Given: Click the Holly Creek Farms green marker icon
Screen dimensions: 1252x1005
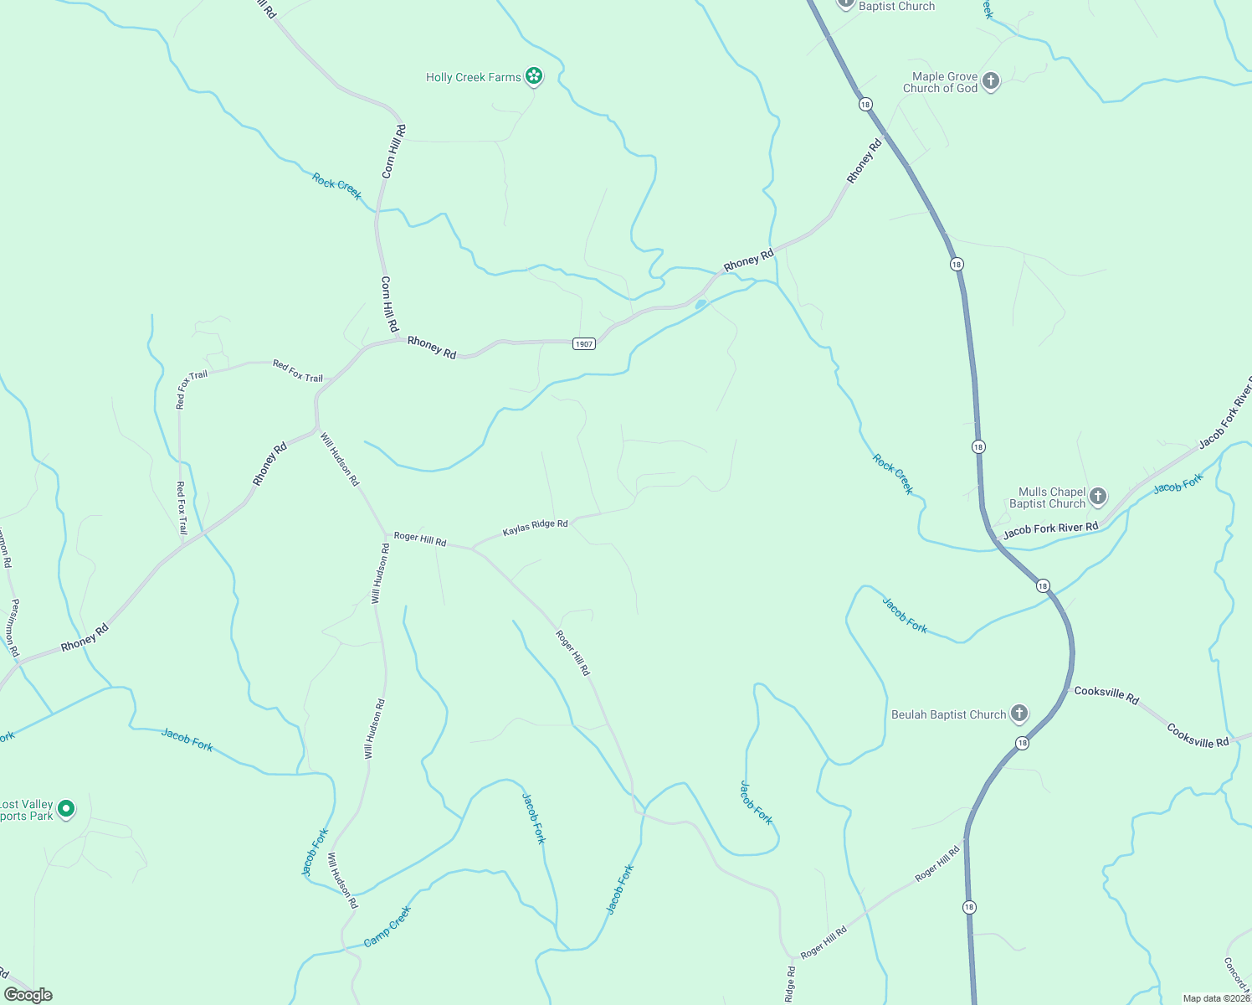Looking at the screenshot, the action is tap(534, 77).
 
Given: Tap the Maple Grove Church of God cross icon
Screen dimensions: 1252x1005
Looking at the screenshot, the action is tap(991, 81).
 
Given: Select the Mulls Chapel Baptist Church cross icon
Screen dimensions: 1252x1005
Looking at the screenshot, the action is tap(1098, 497).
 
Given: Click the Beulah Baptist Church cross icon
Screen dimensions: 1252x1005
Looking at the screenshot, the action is tap(1019, 714).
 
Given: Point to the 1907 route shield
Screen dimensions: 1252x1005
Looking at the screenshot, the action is tap(584, 344).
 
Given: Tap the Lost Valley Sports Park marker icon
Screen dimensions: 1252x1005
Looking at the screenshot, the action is tap(66, 809).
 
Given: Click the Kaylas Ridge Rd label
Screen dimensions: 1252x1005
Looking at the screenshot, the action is tap(535, 528).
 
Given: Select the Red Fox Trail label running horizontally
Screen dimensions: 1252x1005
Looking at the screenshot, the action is tap(298, 371).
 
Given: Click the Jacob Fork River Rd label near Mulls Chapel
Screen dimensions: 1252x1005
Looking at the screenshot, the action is tap(1050, 529).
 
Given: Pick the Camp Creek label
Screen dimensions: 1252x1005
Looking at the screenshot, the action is tap(387, 927).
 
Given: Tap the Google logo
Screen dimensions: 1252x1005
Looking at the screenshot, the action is tap(28, 995).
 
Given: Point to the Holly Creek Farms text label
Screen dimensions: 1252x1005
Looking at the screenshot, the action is tap(473, 77).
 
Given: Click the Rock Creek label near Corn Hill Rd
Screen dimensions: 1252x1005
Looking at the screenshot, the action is tap(337, 186).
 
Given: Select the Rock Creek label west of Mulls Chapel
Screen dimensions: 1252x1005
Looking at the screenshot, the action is tap(893, 474).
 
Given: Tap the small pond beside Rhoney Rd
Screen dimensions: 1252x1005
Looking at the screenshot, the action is tap(700, 303).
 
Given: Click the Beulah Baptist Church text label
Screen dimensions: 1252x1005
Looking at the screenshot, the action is tap(948, 714).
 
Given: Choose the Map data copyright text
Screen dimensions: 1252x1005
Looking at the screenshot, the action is tap(1216, 998).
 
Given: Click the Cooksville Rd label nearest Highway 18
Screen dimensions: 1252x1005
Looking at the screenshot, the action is tap(1106, 694).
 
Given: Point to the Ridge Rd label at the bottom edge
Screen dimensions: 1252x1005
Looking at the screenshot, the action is tap(791, 985).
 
